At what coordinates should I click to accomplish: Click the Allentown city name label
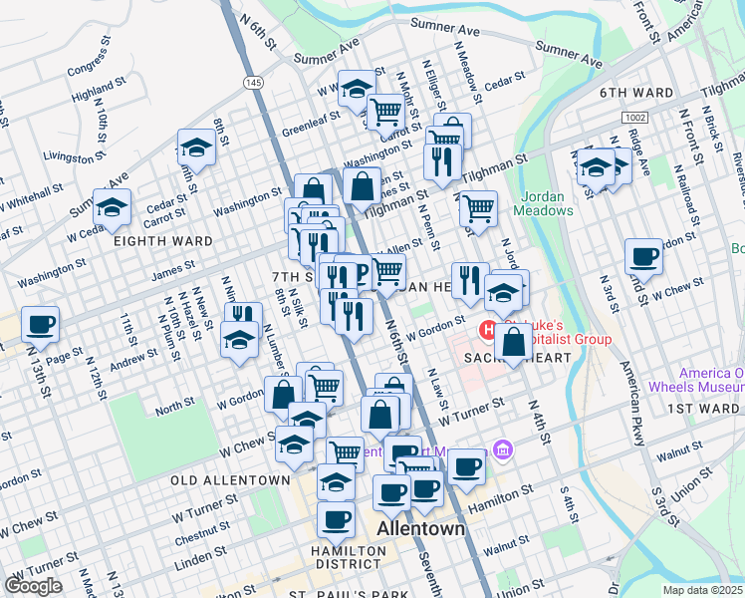pyautogui.click(x=421, y=528)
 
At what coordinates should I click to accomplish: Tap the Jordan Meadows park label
pyautogui.click(x=544, y=202)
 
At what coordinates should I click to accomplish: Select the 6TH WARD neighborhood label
pyautogui.click(x=636, y=93)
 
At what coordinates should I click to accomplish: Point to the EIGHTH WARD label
pyautogui.click(x=162, y=241)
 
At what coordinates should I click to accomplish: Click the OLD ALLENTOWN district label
pyautogui.click(x=230, y=480)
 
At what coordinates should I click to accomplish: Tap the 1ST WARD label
pyautogui.click(x=703, y=409)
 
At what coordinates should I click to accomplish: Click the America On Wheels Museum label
pyautogui.click(x=710, y=379)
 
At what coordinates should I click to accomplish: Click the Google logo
pyautogui.click(x=33, y=586)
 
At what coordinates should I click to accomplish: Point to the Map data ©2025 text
pyautogui.click(x=702, y=590)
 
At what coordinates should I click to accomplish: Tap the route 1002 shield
pyautogui.click(x=636, y=117)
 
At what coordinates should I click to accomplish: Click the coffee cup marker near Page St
pyautogui.click(x=41, y=324)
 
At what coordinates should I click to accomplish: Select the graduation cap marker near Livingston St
pyautogui.click(x=197, y=149)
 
